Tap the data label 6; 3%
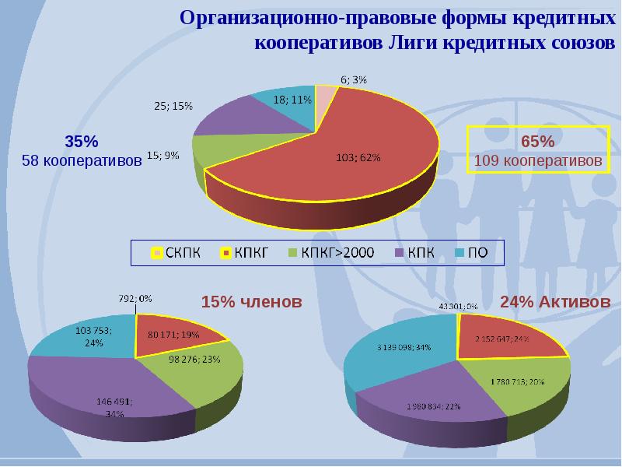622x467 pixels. point(354,79)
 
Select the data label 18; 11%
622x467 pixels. point(293,100)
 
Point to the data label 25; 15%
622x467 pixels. point(173,106)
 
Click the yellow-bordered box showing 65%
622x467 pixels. point(537,151)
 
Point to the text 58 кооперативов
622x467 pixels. point(82,160)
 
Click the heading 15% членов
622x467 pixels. point(251,302)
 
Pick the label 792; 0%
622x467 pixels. point(135,297)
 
